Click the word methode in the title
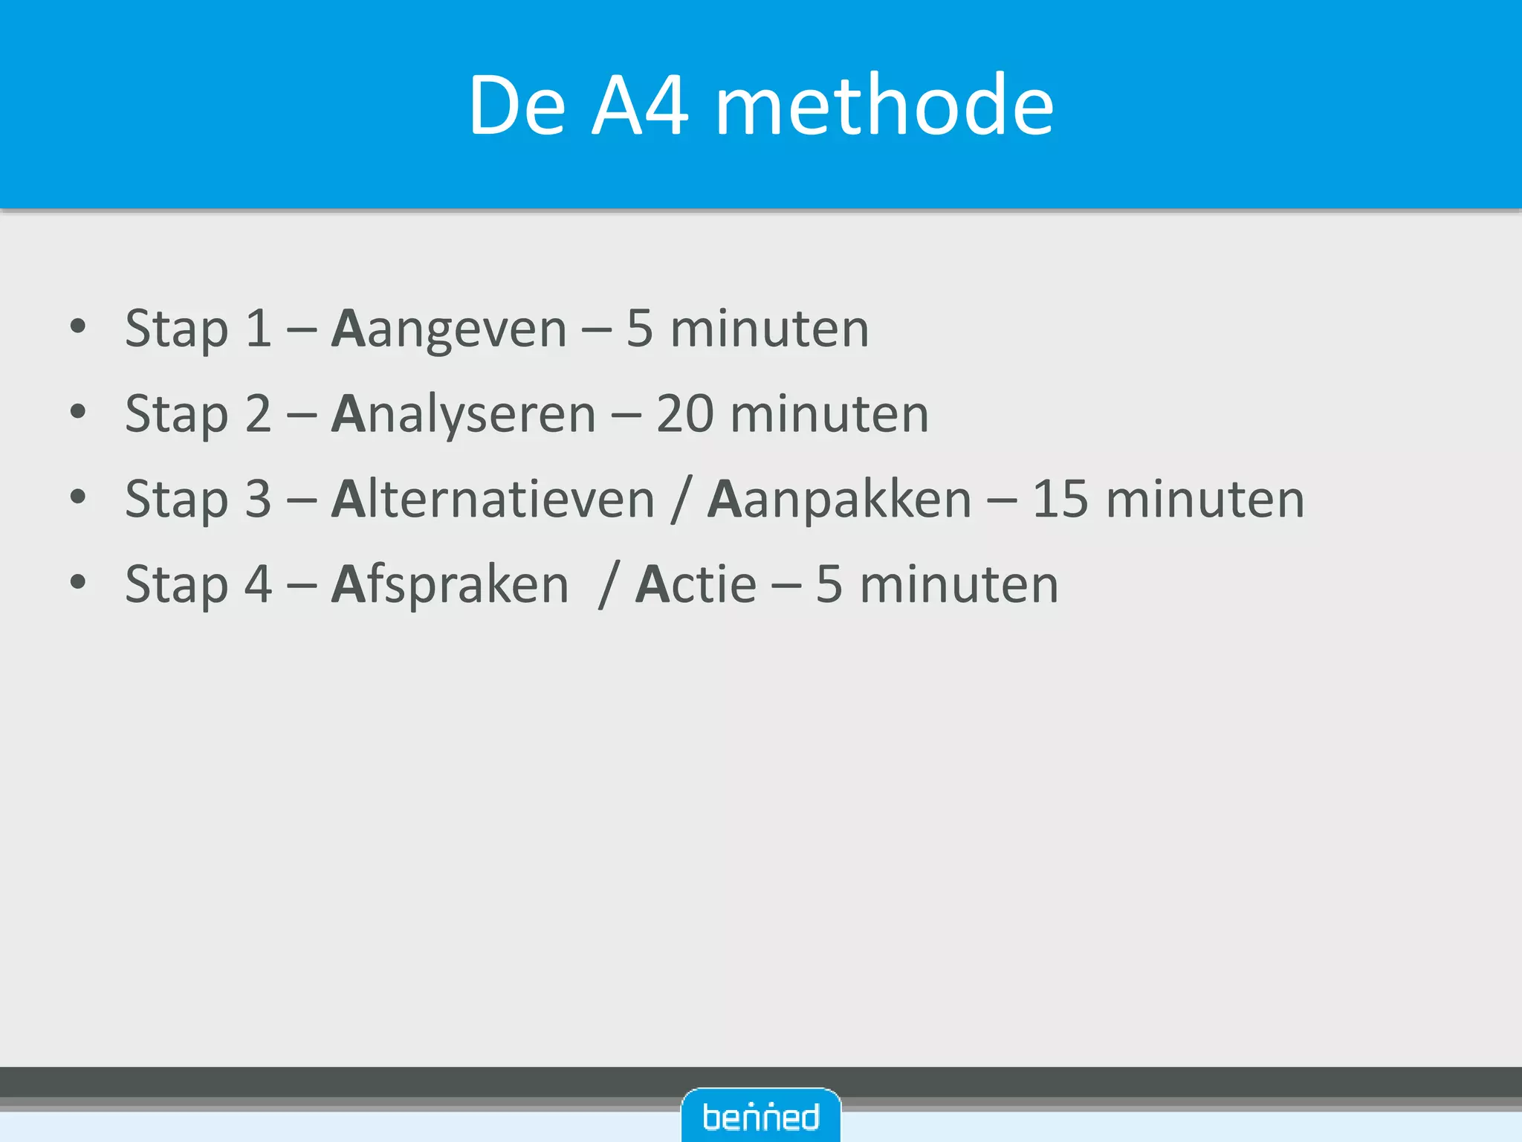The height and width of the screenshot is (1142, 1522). pos(884,106)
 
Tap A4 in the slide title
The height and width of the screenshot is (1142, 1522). pos(641,106)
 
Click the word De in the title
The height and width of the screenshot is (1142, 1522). pos(517,106)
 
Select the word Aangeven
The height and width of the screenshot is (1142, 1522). pos(450,329)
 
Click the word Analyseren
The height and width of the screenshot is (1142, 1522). pos(464,415)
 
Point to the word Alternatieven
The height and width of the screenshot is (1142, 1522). pos(493,500)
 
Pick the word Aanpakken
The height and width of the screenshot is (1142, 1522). pos(840,500)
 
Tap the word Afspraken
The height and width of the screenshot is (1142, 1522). pos(450,585)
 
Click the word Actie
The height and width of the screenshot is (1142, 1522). pos(696,585)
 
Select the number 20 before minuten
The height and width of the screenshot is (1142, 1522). pos(685,414)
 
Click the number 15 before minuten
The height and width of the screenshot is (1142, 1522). pos(1061,500)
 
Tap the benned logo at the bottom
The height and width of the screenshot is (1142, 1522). pos(761,1117)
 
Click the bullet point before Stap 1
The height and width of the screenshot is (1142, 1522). pos(78,326)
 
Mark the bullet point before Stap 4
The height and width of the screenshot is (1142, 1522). pos(78,582)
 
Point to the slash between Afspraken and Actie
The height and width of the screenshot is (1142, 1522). pos(609,585)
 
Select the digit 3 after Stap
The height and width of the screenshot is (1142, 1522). pos(258,500)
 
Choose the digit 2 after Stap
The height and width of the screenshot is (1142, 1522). pos(258,414)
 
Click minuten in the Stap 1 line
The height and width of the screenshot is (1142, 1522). pos(769,329)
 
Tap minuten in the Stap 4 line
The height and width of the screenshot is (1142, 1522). pos(959,585)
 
